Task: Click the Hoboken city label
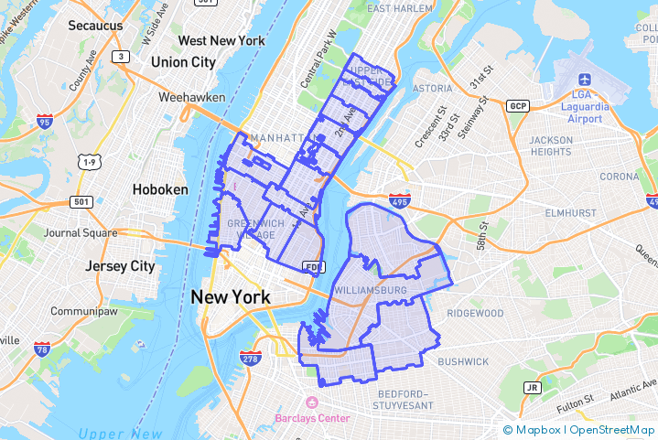pyautogui.click(x=160, y=189)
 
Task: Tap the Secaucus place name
pyautogui.click(x=95, y=26)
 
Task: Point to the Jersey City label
pyautogui.click(x=120, y=266)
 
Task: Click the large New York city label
pyautogui.click(x=230, y=297)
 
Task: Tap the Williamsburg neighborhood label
pyautogui.click(x=371, y=291)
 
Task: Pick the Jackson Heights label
pyautogui.click(x=551, y=145)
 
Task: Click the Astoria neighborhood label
pyautogui.click(x=432, y=89)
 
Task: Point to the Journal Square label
pyautogui.click(x=81, y=232)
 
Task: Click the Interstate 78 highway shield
pyautogui.click(x=42, y=349)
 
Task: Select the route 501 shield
pyautogui.click(x=81, y=201)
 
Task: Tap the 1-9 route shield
pyautogui.click(x=89, y=162)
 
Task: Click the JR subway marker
pyautogui.click(x=532, y=387)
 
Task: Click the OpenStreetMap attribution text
pyautogui.click(x=612, y=430)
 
